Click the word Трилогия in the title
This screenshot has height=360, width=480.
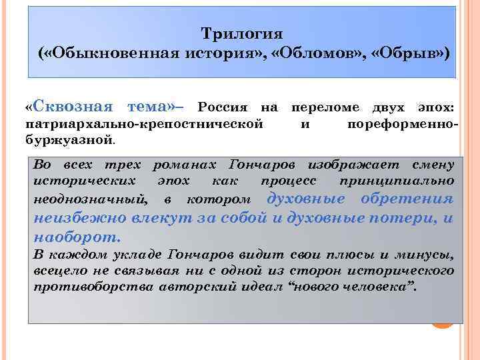(242, 33)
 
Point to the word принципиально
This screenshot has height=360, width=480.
(397, 181)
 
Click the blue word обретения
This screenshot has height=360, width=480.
(407, 199)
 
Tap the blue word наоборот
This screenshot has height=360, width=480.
(77, 236)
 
